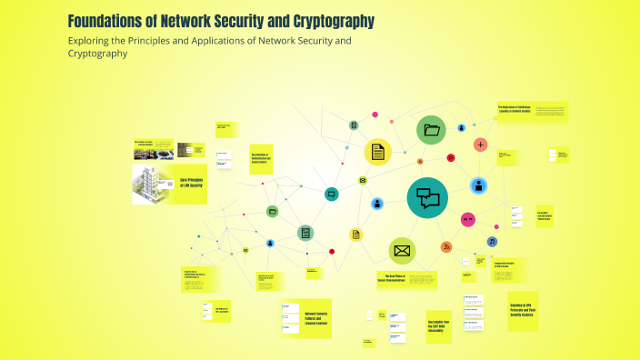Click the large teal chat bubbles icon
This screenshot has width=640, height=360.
click(x=428, y=197)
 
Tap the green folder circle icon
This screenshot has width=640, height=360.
click(x=431, y=130)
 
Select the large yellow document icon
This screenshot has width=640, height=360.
click(x=377, y=152)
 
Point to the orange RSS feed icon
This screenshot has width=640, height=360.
click(x=446, y=247)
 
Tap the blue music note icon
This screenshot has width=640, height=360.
click(x=492, y=242)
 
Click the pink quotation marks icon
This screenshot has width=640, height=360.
click(x=469, y=219)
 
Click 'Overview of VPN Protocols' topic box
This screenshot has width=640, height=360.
click(x=522, y=309)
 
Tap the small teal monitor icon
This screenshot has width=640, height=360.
click(x=332, y=193)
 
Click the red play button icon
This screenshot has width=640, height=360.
click(x=332, y=251)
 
